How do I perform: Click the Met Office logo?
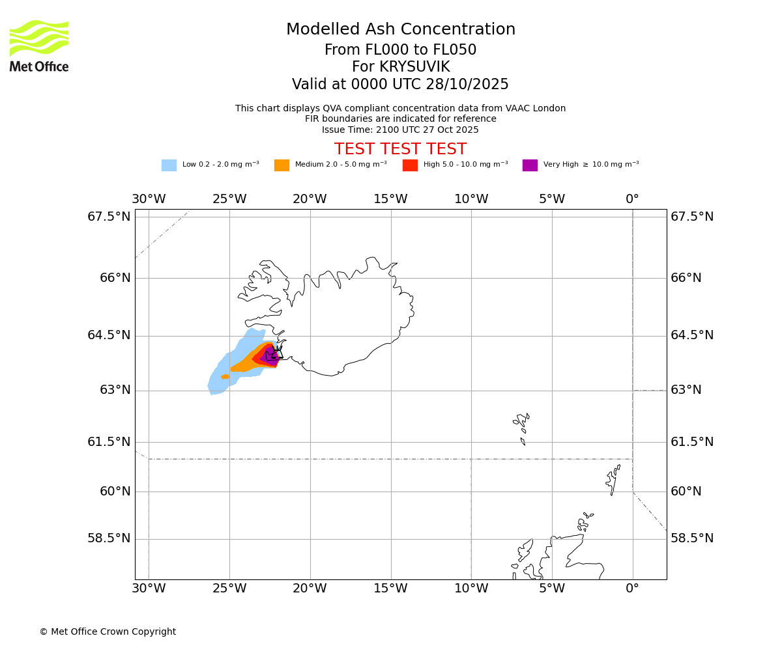coord(39,46)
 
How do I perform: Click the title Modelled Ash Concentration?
coord(400,30)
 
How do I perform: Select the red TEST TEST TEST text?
coord(400,149)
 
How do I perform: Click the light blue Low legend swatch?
coord(169,165)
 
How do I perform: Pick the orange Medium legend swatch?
coord(282,165)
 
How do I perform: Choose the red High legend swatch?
coord(410,165)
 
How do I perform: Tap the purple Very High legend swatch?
coord(530,165)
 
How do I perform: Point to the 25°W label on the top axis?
coord(229,199)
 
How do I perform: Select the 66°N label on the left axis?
coord(115,278)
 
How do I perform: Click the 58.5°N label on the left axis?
coord(109,538)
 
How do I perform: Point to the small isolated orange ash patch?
coord(225,377)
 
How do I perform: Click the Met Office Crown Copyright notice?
coord(108,631)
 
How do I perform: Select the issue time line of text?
coord(400,130)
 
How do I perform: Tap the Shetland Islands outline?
coord(613,478)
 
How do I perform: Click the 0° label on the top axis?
coord(632,199)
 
